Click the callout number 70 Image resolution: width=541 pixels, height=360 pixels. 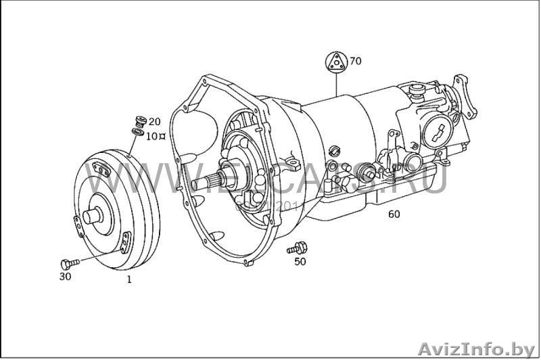click(x=356, y=61)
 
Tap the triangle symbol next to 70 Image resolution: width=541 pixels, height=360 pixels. click(x=336, y=62)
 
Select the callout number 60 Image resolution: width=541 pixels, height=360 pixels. click(x=394, y=215)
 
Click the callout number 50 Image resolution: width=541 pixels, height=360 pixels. click(x=300, y=261)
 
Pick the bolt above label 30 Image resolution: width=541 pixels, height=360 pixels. click(x=68, y=263)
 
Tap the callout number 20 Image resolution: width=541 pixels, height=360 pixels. click(x=155, y=122)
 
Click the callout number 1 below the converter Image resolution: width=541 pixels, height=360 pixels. click(x=129, y=279)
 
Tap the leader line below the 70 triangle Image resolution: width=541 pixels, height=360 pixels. click(x=336, y=85)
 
